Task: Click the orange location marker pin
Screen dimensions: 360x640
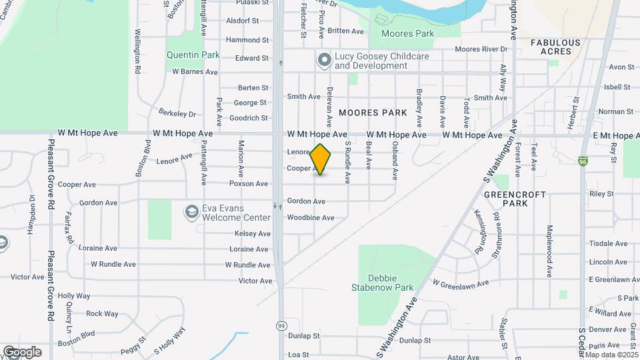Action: click(321, 159)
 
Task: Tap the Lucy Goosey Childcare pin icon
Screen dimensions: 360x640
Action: click(325, 61)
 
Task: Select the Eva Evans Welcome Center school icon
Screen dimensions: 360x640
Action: click(192, 213)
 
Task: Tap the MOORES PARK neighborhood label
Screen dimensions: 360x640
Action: click(372, 113)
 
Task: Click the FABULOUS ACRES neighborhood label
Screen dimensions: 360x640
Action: click(555, 47)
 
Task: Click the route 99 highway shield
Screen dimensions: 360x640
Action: click(282, 325)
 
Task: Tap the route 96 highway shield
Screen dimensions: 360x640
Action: click(584, 161)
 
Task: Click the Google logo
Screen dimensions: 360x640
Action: click(22, 351)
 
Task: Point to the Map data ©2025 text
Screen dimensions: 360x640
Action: click(611, 354)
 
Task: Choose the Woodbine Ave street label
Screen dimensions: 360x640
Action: click(310, 218)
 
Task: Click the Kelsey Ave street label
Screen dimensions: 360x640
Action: click(253, 233)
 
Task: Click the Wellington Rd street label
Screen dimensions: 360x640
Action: click(137, 51)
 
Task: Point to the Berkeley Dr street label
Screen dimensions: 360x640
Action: click(177, 114)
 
